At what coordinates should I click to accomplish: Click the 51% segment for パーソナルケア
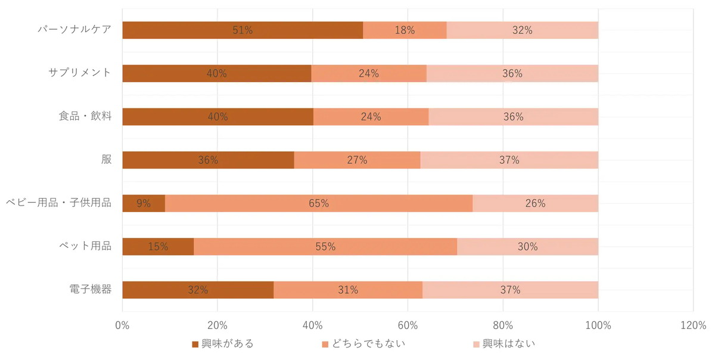[x=243, y=30]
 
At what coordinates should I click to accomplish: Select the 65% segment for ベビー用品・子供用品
[x=319, y=203]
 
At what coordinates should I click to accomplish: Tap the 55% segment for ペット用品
[x=325, y=246]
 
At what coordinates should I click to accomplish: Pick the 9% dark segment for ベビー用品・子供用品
[x=144, y=203]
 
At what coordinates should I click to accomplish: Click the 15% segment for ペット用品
[x=158, y=246]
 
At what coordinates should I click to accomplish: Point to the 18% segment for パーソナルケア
[x=405, y=30]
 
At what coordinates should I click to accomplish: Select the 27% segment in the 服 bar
[x=357, y=160]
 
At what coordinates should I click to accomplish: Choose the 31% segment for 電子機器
[x=348, y=290]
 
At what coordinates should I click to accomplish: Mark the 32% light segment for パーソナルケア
[x=522, y=30]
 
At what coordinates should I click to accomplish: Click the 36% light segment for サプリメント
[x=512, y=73]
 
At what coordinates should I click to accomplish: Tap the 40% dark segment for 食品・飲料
[x=217, y=117]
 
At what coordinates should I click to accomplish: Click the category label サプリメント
[x=80, y=73]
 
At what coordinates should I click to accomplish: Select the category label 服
[x=106, y=160]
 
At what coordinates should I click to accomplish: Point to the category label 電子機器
[x=90, y=290]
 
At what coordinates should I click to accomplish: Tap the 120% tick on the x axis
[x=693, y=325]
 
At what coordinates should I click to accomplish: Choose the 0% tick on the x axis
[x=122, y=325]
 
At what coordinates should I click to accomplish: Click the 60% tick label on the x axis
[x=408, y=325]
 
